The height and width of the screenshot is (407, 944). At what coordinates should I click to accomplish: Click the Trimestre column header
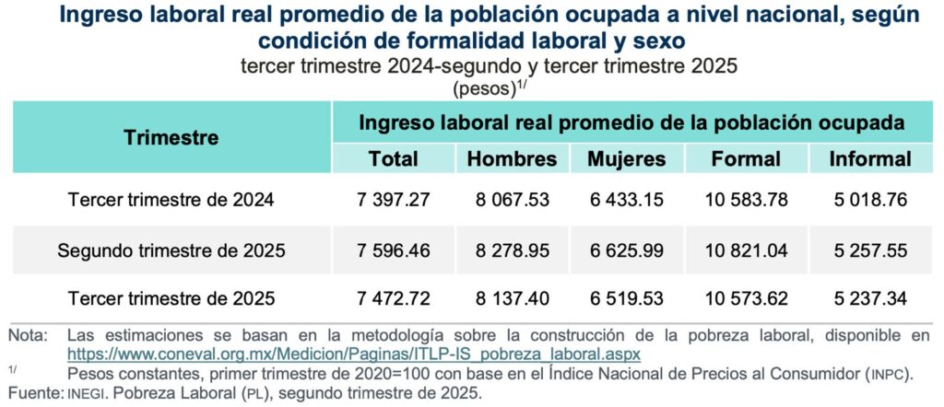171,138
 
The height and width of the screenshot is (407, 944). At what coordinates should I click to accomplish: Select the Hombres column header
512,158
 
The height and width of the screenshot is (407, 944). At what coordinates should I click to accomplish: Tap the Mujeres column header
627,158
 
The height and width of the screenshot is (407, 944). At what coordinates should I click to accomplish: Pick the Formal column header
746,158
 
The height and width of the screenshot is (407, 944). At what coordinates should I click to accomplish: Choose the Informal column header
870,158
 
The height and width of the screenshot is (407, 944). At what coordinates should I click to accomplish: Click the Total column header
394,158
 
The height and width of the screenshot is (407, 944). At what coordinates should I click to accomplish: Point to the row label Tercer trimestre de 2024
171,200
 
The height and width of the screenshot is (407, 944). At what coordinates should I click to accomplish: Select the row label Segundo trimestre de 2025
171,250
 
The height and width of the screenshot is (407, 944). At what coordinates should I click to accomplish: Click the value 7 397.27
394,200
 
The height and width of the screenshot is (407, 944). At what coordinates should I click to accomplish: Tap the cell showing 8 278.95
512,250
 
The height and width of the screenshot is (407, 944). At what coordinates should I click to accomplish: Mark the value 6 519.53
627,299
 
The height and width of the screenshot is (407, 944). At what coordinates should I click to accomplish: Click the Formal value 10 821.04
746,250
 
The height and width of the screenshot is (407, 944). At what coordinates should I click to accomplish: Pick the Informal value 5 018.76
870,200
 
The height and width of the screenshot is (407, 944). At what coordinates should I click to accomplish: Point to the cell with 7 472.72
394,299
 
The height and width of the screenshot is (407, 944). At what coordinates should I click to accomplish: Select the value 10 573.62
746,299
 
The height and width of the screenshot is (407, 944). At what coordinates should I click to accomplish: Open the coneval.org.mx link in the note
354,354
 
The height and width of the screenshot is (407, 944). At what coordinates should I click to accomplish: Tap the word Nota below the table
27,334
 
